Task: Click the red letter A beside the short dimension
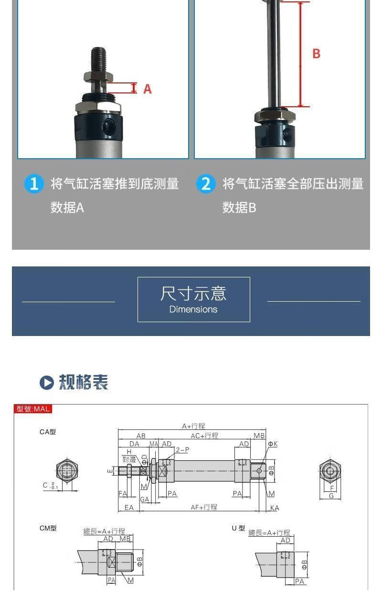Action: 148,89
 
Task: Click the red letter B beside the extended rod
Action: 316,53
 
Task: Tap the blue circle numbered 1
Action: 34,183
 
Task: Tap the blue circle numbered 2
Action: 206,183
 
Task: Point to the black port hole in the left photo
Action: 108,126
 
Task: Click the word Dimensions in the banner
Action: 193,309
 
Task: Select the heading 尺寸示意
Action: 193,293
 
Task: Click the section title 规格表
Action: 84,382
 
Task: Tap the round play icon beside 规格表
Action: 46,383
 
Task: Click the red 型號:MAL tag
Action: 32,409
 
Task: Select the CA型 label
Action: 48,432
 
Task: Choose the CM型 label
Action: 48,528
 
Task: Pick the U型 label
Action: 238,528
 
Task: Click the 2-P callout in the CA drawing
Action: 182,450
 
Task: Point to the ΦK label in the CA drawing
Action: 273,444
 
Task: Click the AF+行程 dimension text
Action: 204,507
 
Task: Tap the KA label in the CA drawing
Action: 274,508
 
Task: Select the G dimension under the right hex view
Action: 331,496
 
